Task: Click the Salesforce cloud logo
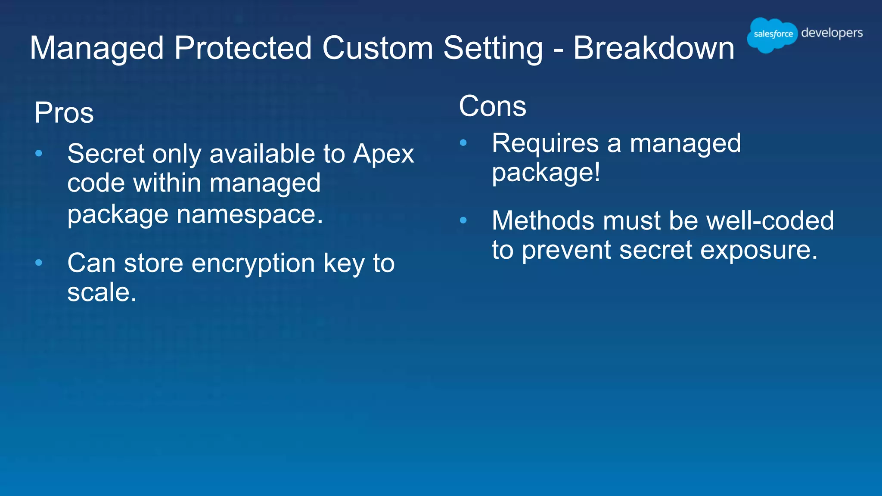pos(772,34)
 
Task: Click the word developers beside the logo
pos(832,33)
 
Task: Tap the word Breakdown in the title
pos(653,48)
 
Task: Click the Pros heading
pos(64,113)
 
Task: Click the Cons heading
pos(492,106)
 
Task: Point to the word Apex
pos(383,154)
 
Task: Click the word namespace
pos(250,214)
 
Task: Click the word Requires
pos(545,143)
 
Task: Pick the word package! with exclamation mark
pos(546,173)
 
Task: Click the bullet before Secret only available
pos(39,153)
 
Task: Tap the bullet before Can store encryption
pos(39,263)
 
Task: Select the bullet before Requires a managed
pos(463,143)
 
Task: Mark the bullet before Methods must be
pos(463,220)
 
